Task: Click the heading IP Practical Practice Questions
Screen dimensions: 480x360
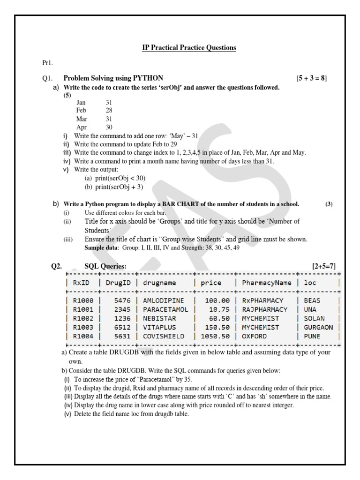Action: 189,48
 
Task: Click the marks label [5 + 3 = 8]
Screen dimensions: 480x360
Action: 311,78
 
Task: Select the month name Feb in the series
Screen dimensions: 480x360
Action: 82,110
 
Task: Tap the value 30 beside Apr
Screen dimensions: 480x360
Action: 109,127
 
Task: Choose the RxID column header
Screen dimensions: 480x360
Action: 81,283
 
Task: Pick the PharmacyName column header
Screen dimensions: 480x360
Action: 267,283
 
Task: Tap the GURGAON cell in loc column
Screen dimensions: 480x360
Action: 318,327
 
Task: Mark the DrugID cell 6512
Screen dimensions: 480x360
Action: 122,327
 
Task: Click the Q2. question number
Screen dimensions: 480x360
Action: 57,266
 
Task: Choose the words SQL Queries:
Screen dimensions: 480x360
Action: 105,266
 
